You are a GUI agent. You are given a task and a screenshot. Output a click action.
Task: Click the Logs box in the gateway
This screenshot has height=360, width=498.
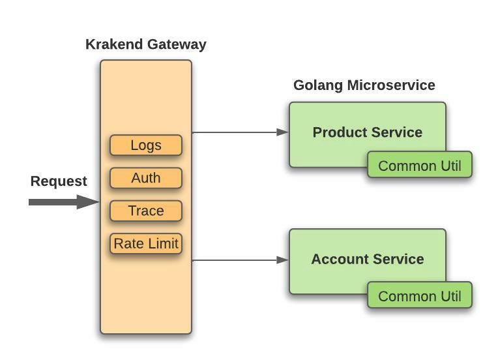(145, 145)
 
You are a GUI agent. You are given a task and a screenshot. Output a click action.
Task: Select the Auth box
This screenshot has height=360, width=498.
(145, 178)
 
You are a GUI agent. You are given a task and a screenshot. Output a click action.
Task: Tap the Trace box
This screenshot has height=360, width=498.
(145, 211)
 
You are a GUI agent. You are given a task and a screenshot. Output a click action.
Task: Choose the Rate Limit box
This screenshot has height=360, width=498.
(146, 244)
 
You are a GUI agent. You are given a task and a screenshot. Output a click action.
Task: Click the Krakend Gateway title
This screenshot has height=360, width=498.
(145, 44)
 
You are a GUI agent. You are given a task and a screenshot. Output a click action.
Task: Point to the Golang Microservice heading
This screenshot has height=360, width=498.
(364, 85)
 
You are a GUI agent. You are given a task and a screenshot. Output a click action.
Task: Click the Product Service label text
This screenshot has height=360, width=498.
(367, 132)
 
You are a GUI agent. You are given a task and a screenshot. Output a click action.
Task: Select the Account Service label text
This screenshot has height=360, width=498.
(367, 259)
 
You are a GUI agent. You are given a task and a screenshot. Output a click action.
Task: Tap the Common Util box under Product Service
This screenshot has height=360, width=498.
(419, 166)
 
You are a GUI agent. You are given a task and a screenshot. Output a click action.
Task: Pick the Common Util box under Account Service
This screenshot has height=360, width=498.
(419, 296)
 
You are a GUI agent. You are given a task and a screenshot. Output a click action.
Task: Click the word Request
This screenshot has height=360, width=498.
(59, 181)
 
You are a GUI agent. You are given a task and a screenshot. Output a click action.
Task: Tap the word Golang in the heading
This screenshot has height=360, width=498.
(317, 85)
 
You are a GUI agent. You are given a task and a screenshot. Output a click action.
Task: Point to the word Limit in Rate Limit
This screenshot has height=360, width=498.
(164, 244)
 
